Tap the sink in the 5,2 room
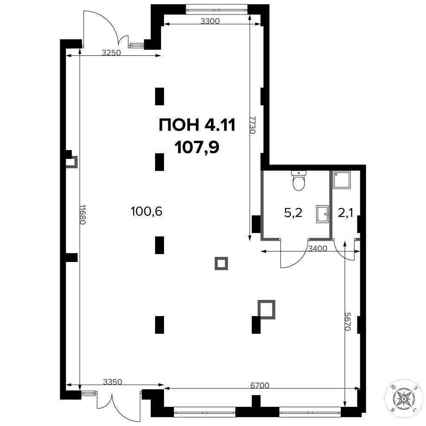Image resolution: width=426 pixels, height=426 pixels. (322, 214)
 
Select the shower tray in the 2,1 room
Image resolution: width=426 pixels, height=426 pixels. (342, 180)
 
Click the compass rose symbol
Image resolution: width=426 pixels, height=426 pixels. (404, 399)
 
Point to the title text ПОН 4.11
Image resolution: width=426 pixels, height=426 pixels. (197, 126)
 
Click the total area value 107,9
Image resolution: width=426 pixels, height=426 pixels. (197, 149)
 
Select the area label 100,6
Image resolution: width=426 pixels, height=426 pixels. (147, 211)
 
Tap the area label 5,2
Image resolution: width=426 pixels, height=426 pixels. (293, 213)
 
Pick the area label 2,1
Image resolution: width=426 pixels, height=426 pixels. (345, 213)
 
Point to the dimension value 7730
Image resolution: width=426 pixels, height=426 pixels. (253, 125)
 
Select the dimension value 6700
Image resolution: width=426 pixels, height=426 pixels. (260, 385)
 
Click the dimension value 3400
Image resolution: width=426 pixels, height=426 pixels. (318, 248)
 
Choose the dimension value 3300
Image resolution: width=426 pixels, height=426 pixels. (210, 21)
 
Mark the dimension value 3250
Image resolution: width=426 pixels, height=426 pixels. (111, 53)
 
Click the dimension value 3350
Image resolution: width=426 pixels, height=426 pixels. (113, 382)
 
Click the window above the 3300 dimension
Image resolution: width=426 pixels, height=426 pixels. (216, 9)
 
